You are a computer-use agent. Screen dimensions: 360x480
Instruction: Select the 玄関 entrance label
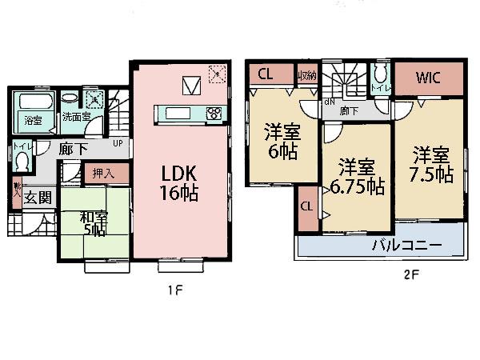36,198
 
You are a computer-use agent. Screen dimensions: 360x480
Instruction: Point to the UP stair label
118,143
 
